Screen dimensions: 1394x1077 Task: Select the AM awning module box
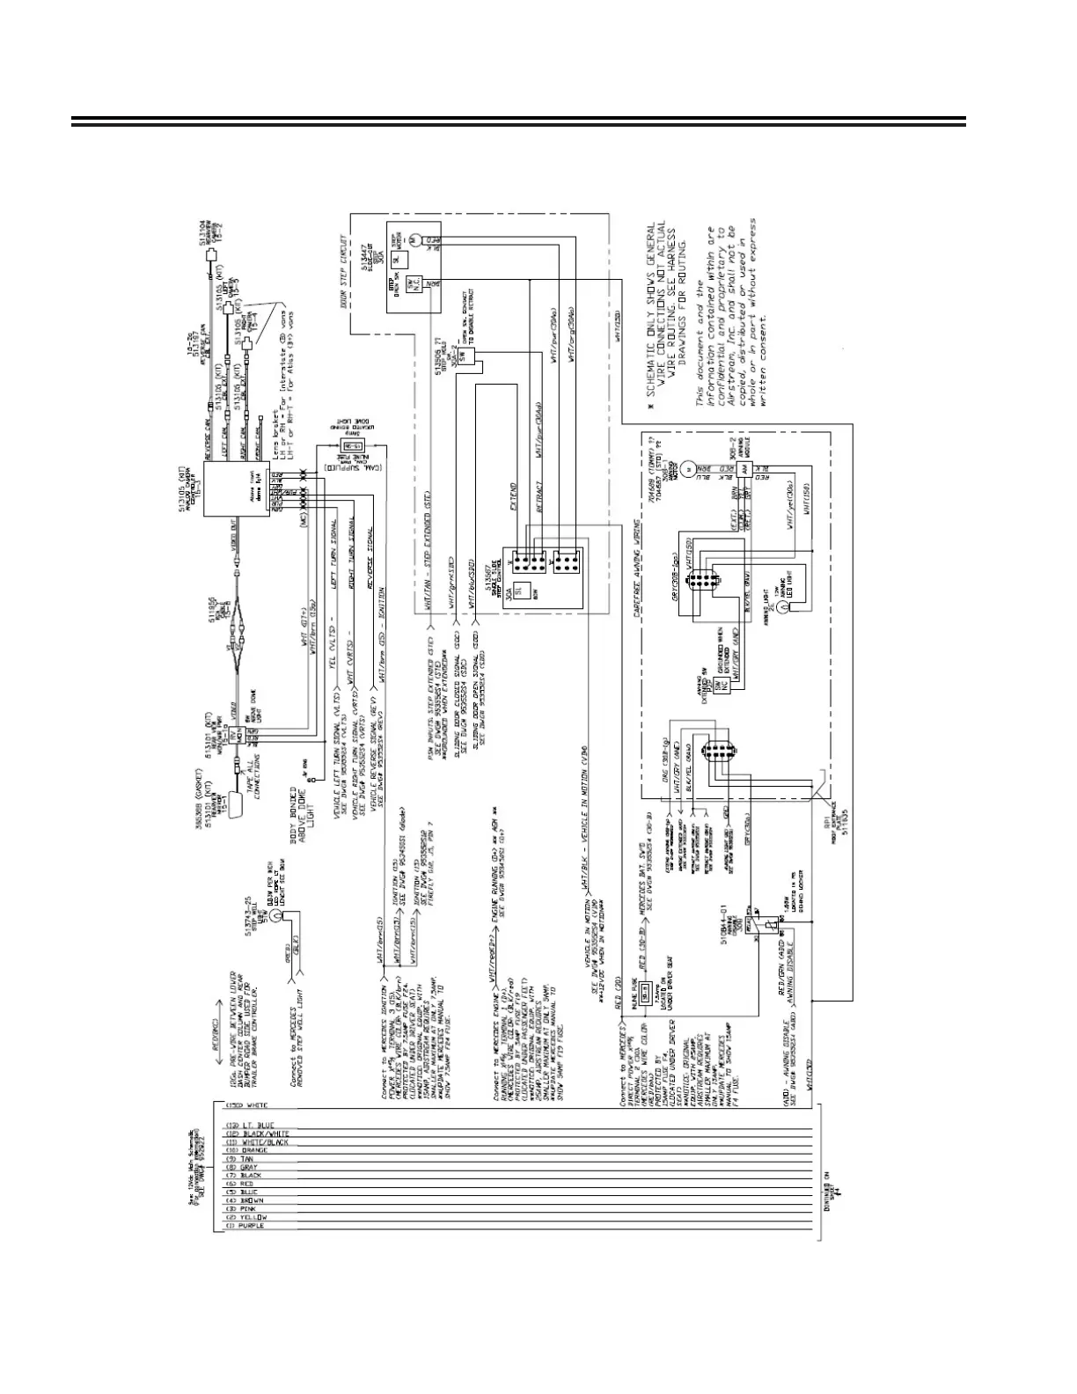coord(746,471)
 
